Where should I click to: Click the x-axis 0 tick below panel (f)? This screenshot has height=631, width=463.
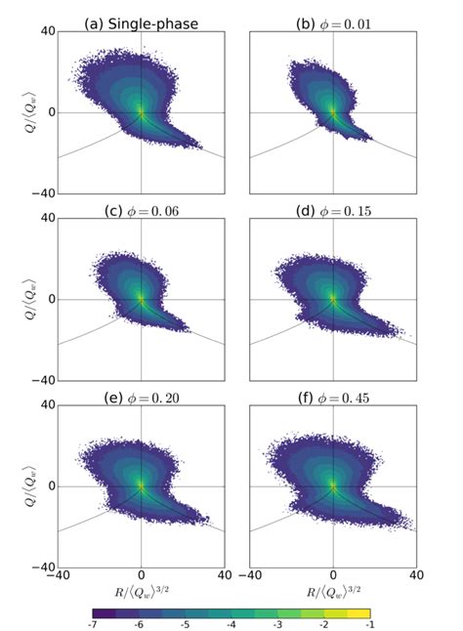point(333,575)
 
